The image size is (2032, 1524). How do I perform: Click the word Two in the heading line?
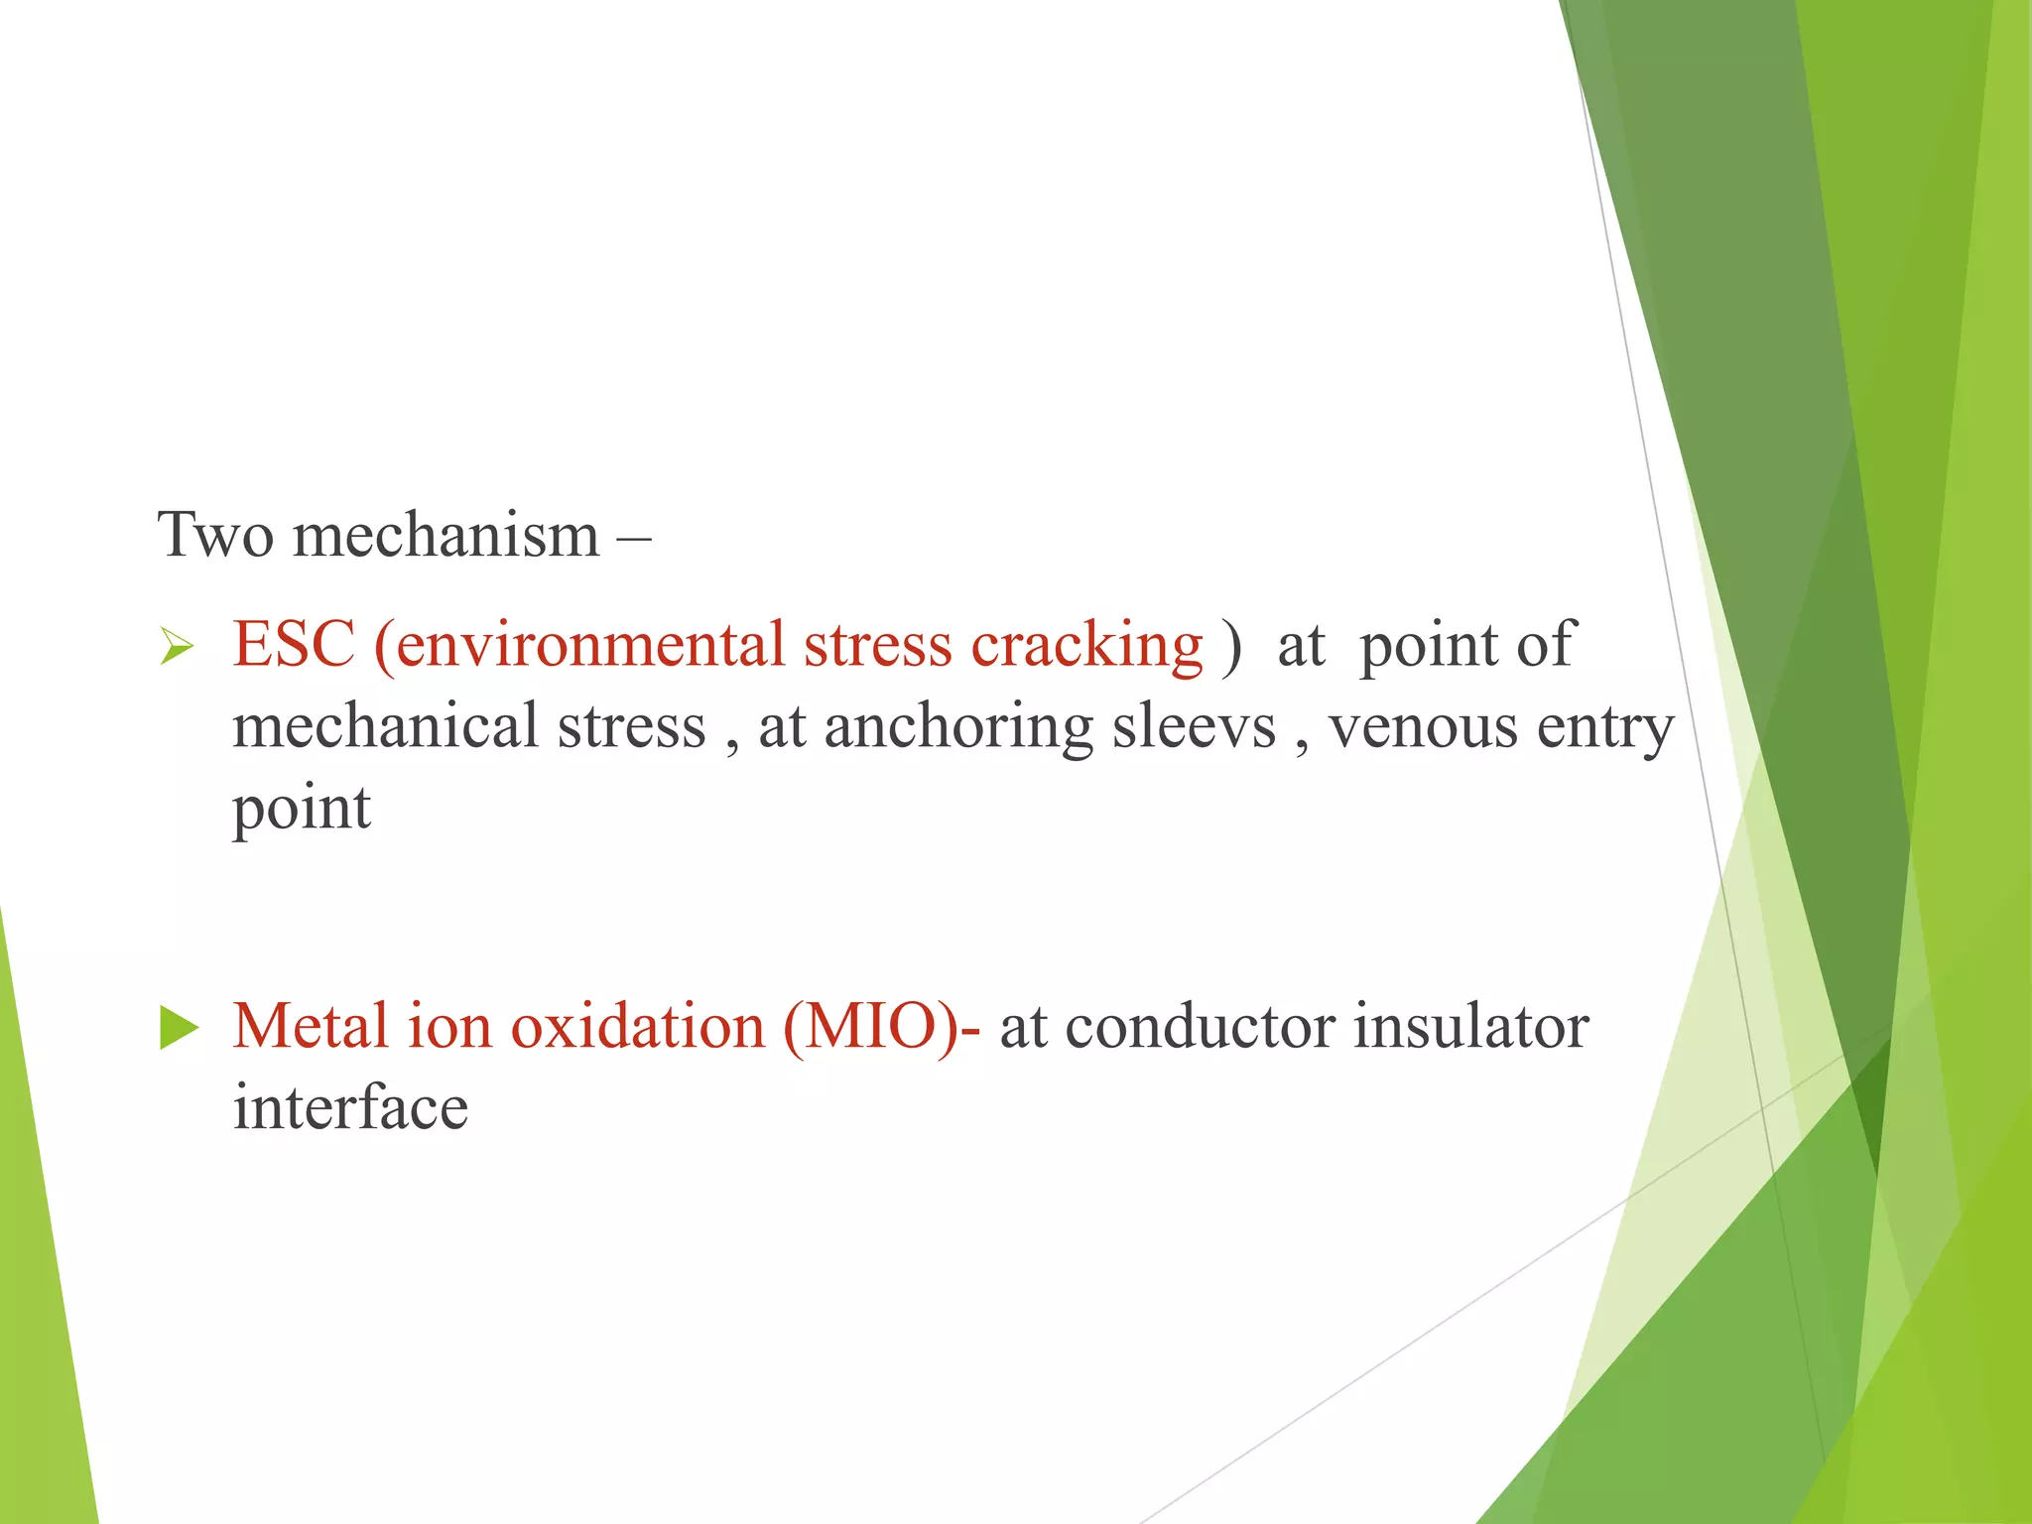(x=215, y=535)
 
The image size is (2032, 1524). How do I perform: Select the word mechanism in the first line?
(x=446, y=535)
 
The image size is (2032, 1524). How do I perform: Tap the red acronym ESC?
(x=294, y=644)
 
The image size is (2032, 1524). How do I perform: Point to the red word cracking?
(x=1086, y=646)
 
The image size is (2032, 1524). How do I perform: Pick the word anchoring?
(x=957, y=727)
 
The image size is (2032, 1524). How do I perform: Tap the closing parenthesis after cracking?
(x=1231, y=646)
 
